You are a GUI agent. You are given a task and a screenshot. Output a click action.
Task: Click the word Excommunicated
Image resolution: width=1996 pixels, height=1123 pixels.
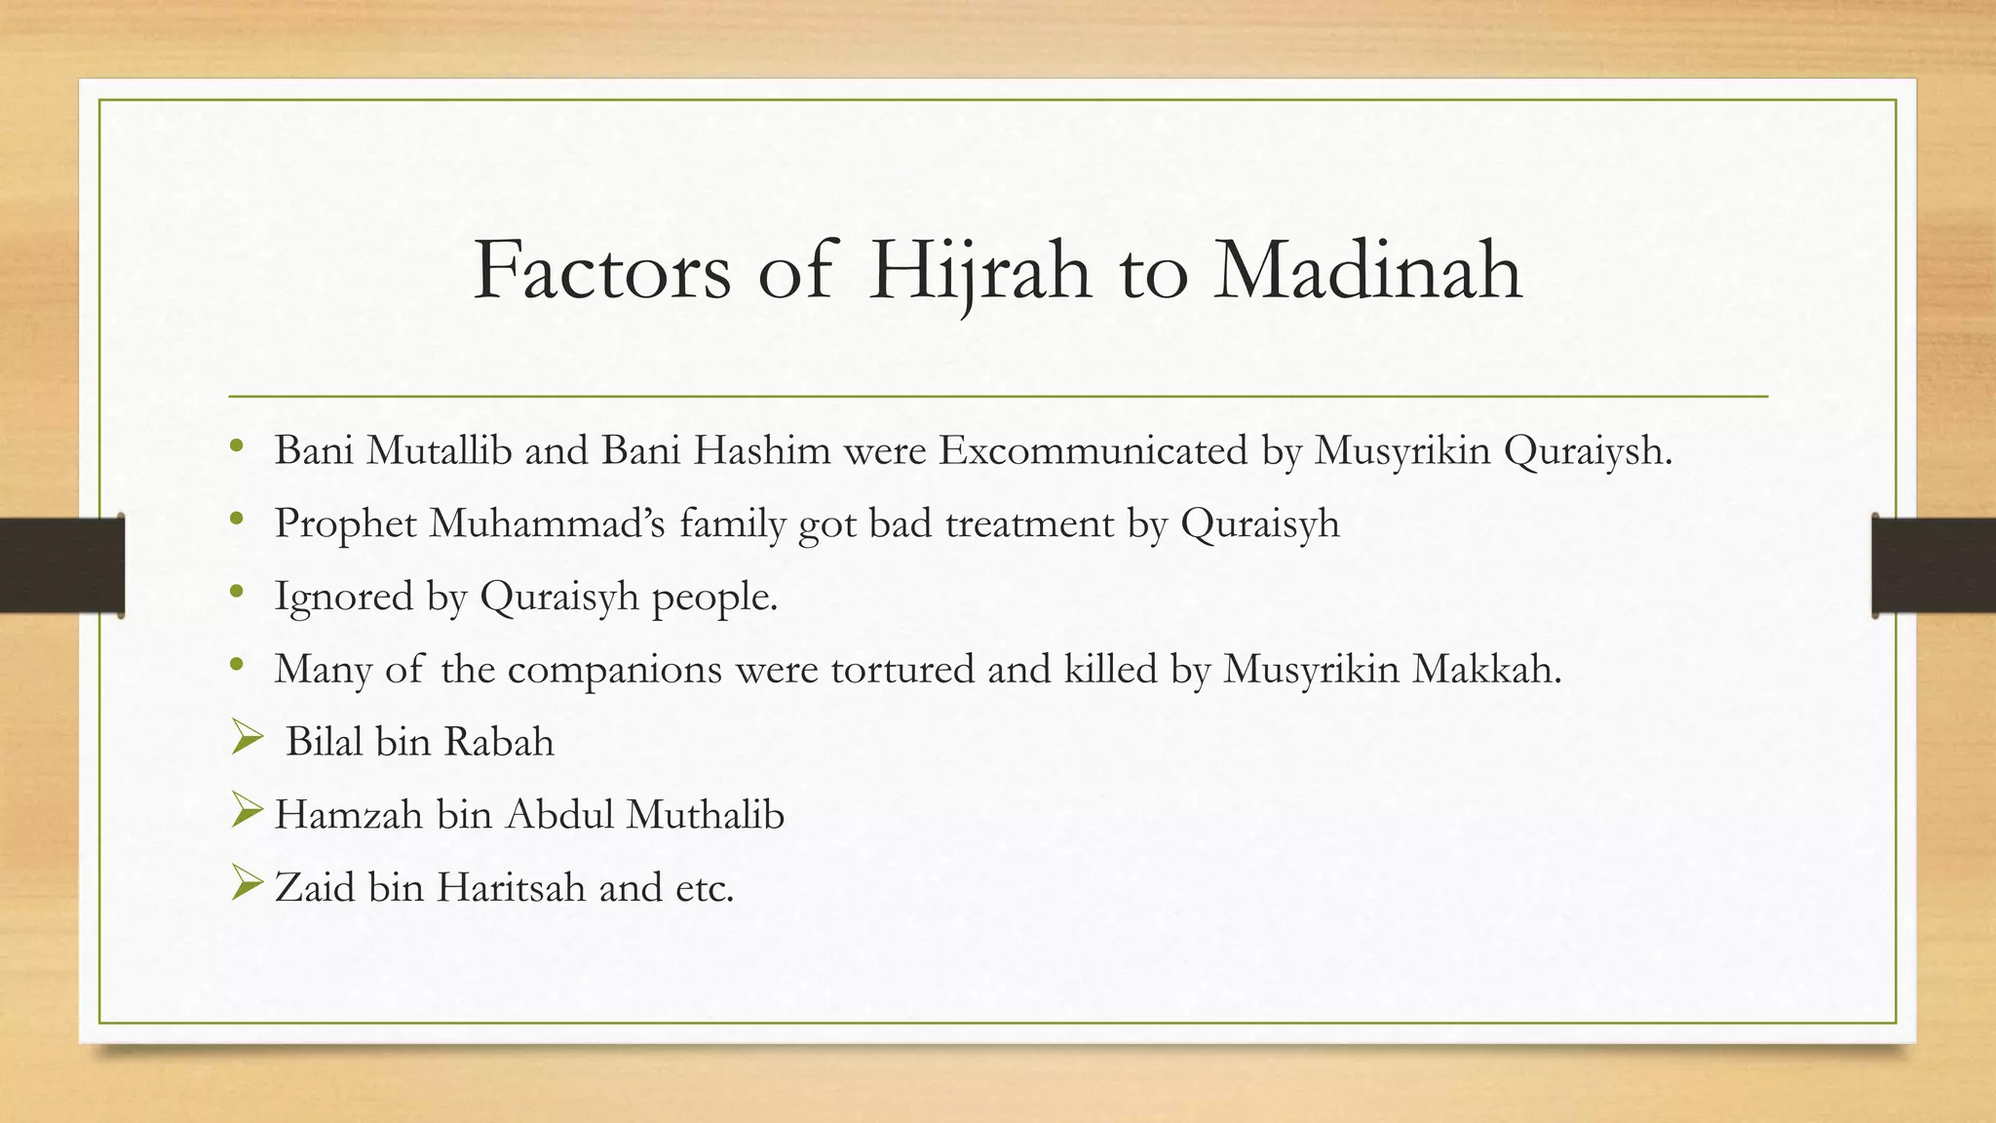click(x=1093, y=450)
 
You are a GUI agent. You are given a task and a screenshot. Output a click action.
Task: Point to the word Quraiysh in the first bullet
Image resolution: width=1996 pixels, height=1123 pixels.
click(x=1587, y=450)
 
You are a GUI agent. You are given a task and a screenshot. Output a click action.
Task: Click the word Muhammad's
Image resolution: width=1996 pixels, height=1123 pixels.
click(x=548, y=523)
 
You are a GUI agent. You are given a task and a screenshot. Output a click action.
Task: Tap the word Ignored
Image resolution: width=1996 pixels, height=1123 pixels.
click(x=344, y=597)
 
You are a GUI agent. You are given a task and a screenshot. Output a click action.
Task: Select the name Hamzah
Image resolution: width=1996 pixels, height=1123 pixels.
click(x=348, y=815)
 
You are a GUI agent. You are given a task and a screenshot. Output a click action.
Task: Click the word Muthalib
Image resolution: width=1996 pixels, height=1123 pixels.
click(x=705, y=815)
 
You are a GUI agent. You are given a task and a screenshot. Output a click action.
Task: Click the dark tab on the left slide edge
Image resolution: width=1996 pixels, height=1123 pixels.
click(x=61, y=565)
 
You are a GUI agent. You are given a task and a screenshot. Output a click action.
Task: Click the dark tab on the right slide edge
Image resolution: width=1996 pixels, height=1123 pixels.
click(x=1934, y=565)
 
